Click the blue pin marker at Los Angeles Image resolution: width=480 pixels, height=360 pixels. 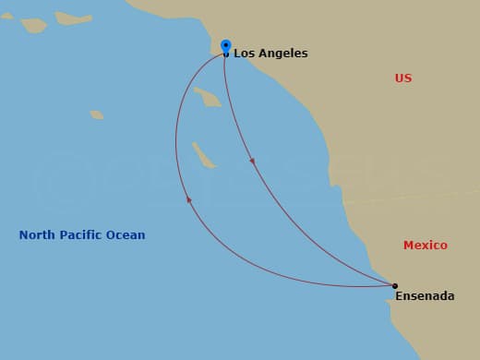coord(226,45)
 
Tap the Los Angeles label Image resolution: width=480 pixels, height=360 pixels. coord(270,54)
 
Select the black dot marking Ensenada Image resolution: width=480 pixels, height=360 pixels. coord(395,286)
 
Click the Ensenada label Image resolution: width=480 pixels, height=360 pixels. coord(425,296)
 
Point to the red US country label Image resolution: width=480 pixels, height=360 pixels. coord(403,78)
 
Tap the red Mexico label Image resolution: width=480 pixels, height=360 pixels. coord(426,246)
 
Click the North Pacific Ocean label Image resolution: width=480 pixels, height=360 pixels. coord(82,235)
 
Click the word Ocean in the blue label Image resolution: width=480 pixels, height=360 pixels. coord(126,235)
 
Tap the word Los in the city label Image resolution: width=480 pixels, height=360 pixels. coord(243,54)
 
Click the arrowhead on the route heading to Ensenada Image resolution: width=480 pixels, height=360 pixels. coord(252,162)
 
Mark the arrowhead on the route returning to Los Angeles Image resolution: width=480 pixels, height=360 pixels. coord(188,198)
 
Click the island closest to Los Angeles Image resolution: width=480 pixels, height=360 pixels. coord(208,96)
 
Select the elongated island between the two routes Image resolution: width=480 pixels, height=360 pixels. coord(203,155)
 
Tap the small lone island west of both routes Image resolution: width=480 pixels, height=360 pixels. coord(97,115)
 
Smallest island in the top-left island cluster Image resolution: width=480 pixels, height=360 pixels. coord(8,15)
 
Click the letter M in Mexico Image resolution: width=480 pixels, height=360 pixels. coord(409,246)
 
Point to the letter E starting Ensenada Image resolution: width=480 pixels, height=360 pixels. coord(400,296)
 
